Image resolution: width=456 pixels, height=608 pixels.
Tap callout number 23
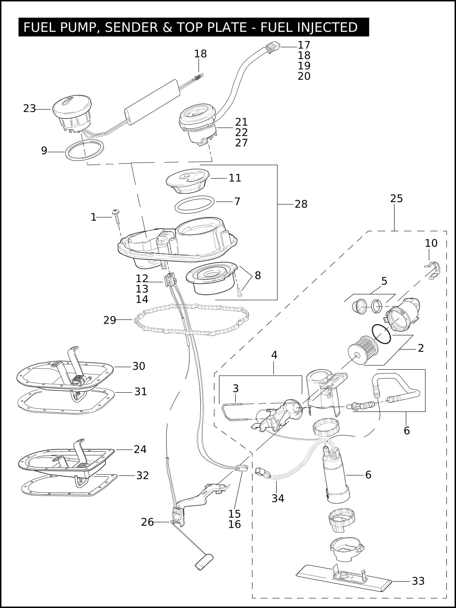coord(29,109)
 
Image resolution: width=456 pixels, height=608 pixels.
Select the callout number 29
coord(110,320)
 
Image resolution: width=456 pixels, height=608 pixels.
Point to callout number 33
coord(418,581)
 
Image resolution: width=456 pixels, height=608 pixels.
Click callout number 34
coord(278,498)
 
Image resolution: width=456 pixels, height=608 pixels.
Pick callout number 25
coord(396,199)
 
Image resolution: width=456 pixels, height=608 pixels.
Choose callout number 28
coord(301,204)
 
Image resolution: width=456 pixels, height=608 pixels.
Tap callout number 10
coord(431,243)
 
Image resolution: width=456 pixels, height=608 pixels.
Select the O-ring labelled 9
coord(85,151)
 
